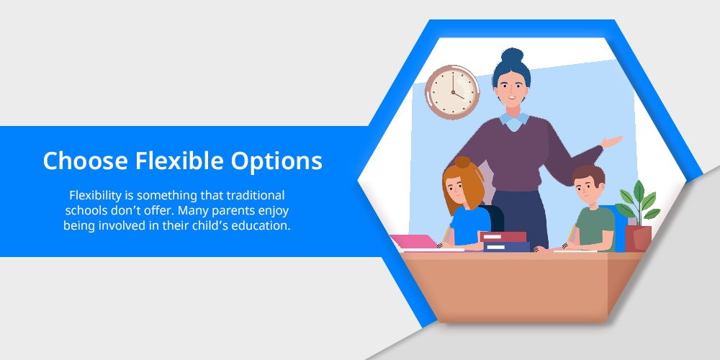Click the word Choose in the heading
(x=86, y=161)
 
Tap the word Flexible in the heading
(x=179, y=161)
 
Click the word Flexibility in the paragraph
(x=95, y=196)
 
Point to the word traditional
(x=256, y=195)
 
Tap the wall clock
(x=452, y=92)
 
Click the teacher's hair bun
(x=512, y=55)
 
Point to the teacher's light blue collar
(x=514, y=121)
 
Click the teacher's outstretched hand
(x=612, y=141)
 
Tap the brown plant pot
(x=638, y=238)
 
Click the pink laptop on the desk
(x=415, y=243)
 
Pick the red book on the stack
(x=503, y=236)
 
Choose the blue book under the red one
(x=507, y=246)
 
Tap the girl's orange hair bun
(x=462, y=162)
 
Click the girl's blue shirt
(x=470, y=225)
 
